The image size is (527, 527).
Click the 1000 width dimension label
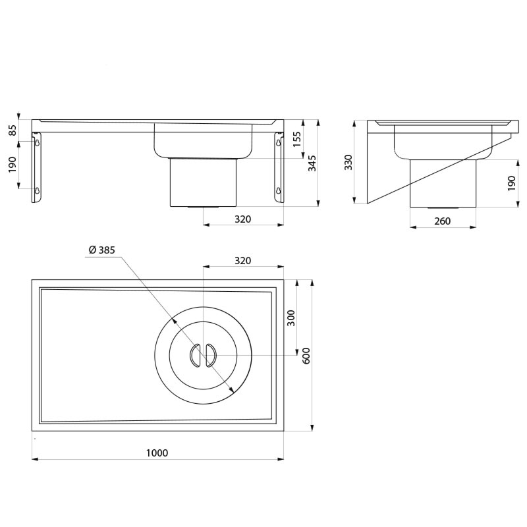pos(157,453)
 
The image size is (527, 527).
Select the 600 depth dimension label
pos(306,356)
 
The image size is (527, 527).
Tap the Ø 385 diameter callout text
pos(102,250)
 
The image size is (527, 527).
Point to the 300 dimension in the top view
pos(291,318)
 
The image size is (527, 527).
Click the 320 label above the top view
pos(242,260)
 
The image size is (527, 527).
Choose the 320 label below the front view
pos(242,219)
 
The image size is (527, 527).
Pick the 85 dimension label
pos(13,130)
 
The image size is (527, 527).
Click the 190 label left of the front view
pos(13,164)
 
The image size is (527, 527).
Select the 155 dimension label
pos(297,139)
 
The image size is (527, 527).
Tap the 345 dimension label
pos(312,163)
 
